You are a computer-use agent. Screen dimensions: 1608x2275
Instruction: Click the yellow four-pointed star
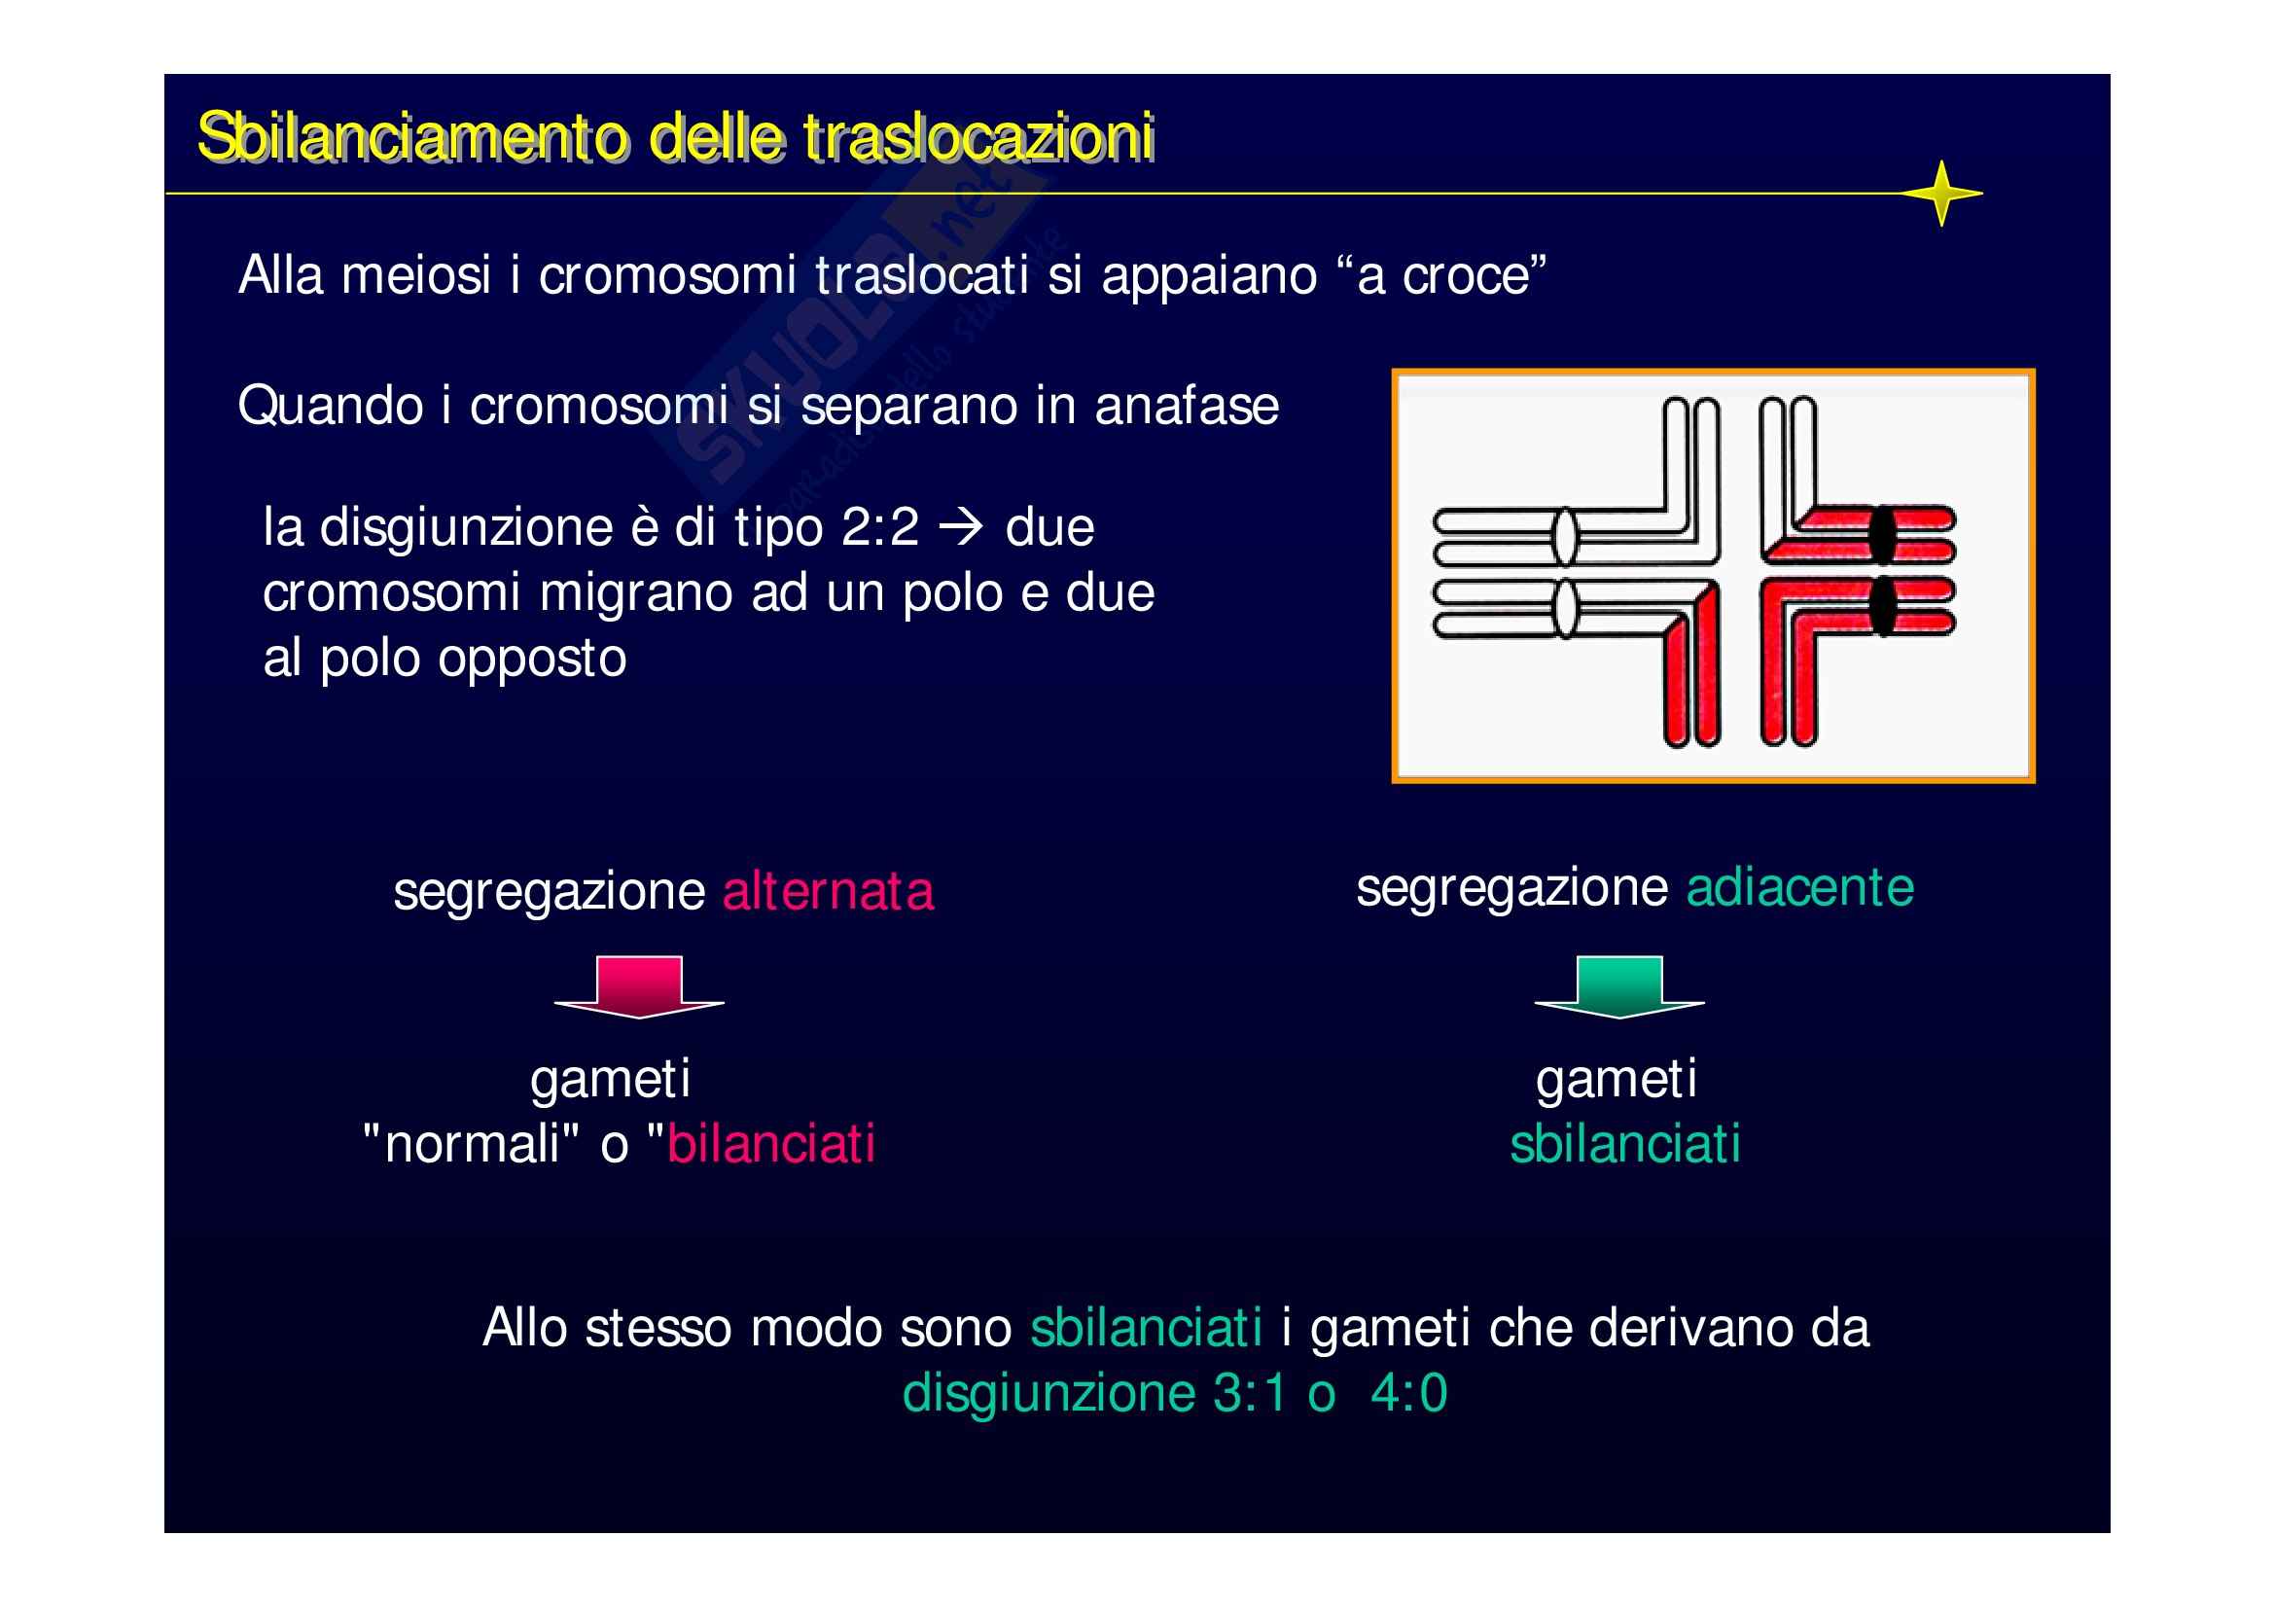point(1940,194)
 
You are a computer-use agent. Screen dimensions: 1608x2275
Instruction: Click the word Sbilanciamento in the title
point(411,137)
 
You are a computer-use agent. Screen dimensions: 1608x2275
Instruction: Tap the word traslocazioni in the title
point(979,137)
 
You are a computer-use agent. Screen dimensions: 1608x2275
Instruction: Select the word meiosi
point(416,275)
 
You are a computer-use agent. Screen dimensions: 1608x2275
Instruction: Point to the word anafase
point(1186,407)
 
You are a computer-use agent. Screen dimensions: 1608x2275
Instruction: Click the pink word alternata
point(828,891)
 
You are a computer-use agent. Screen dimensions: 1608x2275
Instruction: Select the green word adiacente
point(1799,887)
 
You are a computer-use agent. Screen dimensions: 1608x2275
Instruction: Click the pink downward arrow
point(639,986)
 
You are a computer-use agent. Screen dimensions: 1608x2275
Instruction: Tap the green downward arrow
point(1619,986)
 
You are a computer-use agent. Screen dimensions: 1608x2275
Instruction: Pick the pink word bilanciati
point(771,1144)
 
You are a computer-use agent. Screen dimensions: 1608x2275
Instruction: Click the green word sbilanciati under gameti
point(1625,1144)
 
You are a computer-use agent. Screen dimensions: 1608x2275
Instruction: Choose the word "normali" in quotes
point(472,1144)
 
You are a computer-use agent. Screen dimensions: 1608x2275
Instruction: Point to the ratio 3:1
point(1250,1394)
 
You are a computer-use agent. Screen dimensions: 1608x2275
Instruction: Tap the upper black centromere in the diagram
point(1882,535)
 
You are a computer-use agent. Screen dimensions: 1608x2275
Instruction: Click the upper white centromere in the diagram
point(1564,536)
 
